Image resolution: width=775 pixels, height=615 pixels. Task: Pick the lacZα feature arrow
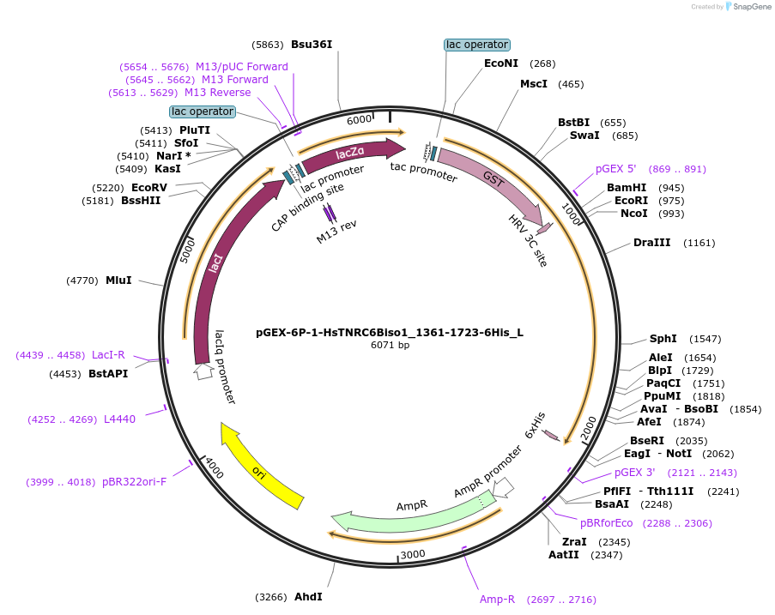tap(350, 153)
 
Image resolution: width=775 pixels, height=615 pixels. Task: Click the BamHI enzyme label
tap(627, 187)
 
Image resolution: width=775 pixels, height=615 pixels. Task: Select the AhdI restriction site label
tap(309, 596)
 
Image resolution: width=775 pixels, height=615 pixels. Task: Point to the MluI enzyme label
tap(118, 280)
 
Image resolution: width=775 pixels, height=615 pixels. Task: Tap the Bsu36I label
tap(312, 44)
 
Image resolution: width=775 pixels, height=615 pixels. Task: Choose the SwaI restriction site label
tap(584, 136)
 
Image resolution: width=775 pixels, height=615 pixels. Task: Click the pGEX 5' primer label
tap(616, 169)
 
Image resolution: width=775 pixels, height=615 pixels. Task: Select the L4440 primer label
tap(119, 419)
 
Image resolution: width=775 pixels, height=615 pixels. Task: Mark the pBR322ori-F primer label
tap(134, 482)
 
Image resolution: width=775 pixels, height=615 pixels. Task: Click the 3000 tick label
tap(413, 554)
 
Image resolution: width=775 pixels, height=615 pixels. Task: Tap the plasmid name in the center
tap(390, 332)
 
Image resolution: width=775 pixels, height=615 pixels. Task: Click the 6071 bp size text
tap(390, 346)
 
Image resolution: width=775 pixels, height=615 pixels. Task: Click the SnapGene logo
tap(749, 7)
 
